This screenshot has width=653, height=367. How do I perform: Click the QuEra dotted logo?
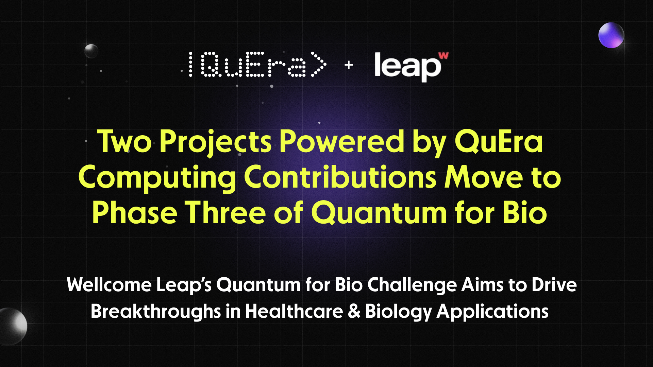(x=257, y=65)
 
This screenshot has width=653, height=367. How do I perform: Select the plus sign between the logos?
(x=349, y=65)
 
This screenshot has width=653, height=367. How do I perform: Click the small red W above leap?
(x=443, y=55)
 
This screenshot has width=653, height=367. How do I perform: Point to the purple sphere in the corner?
(x=611, y=35)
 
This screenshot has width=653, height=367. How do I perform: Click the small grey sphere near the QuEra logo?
(x=91, y=51)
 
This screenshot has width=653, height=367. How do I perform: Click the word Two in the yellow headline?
(x=124, y=142)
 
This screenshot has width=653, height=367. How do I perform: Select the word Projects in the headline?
(x=215, y=142)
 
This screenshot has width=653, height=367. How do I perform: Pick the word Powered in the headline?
(x=341, y=142)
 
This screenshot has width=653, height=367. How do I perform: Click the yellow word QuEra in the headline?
(x=499, y=142)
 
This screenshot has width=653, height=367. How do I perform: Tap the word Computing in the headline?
(x=157, y=178)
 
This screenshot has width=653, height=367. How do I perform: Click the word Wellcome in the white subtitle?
(x=109, y=285)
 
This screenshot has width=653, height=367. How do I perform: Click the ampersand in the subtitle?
(x=354, y=311)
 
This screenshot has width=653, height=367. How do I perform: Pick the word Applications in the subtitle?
(x=492, y=311)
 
